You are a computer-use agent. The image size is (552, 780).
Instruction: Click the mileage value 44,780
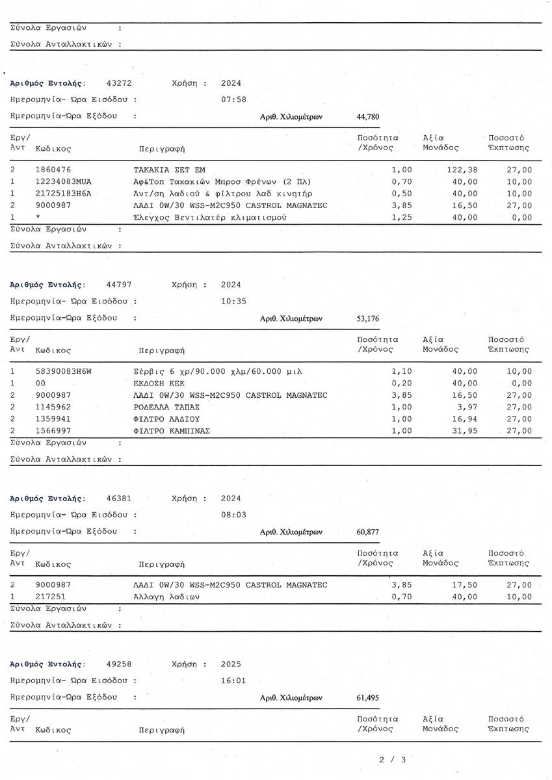point(368,117)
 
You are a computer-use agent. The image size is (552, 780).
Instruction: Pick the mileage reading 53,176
point(368,318)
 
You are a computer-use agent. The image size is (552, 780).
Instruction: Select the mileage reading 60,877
point(368,532)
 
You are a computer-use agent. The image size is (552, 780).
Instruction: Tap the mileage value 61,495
point(368,697)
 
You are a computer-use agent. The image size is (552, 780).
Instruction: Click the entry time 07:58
point(234,99)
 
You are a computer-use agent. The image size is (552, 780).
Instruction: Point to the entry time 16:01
point(234,681)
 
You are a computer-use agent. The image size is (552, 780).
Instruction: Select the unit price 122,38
point(463,170)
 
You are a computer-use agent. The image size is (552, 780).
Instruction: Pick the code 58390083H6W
point(64,371)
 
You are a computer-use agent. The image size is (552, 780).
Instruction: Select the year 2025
point(231,664)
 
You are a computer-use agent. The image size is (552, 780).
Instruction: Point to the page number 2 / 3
point(393,759)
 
